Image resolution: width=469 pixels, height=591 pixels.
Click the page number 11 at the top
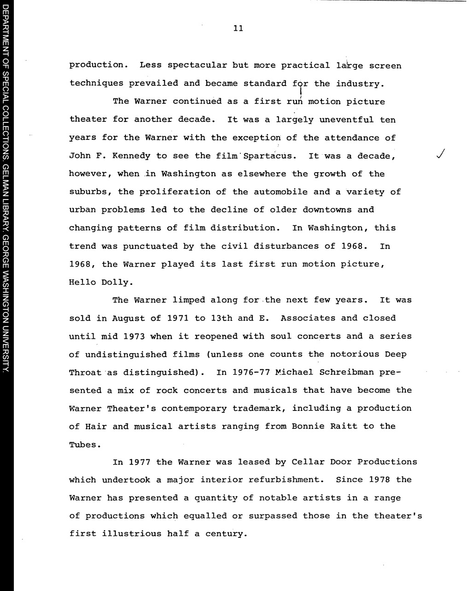point(238,29)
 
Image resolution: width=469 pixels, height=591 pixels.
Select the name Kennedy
point(129,156)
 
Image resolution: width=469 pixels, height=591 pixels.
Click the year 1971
point(178,318)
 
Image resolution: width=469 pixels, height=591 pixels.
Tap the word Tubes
point(83,445)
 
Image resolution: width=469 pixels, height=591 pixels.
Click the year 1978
point(380,480)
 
